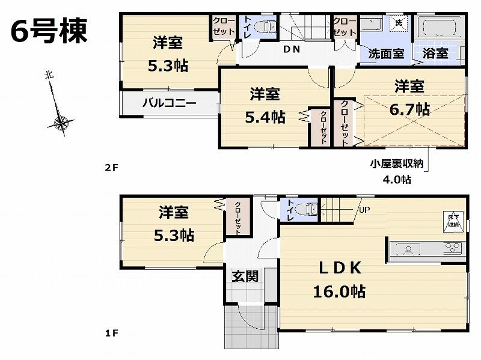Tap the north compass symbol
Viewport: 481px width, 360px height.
[x=60, y=123]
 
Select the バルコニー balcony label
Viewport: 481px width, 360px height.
[x=169, y=103]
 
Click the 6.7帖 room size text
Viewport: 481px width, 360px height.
[x=409, y=109]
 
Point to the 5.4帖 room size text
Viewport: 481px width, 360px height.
[x=265, y=117]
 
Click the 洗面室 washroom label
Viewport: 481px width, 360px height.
[x=385, y=52]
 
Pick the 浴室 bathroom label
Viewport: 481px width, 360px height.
[x=435, y=52]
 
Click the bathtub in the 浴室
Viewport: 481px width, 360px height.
[x=438, y=28]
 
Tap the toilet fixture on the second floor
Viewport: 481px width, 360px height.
[x=265, y=27]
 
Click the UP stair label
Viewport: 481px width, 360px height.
[x=364, y=210]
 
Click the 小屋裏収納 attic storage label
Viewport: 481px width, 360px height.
[x=396, y=163]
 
